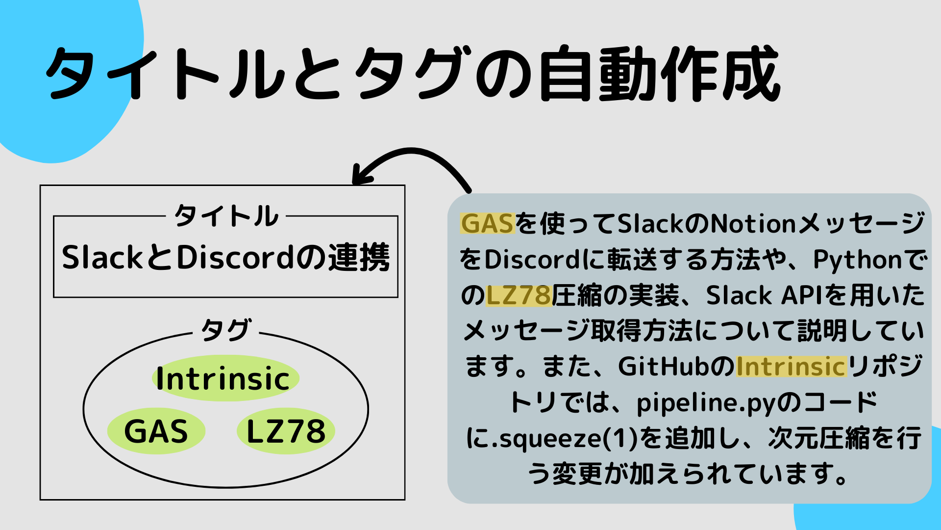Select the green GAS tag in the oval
(156, 431)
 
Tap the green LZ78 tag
(286, 431)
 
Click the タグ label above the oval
(226, 329)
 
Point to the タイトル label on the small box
(226, 216)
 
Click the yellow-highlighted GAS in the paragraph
(487, 224)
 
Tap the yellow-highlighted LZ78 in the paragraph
(519, 295)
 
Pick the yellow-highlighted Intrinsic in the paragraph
(791, 367)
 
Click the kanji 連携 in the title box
(359, 258)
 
